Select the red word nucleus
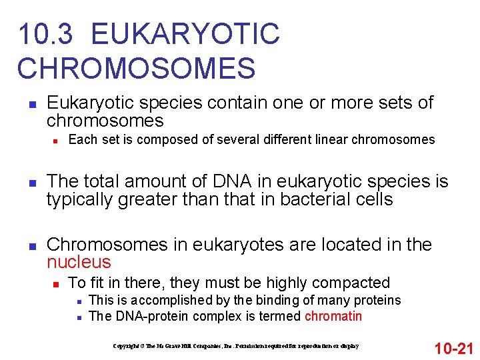point(79,262)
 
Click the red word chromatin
point(333,316)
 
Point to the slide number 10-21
point(453,348)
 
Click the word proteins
point(377,300)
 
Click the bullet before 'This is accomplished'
point(79,301)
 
